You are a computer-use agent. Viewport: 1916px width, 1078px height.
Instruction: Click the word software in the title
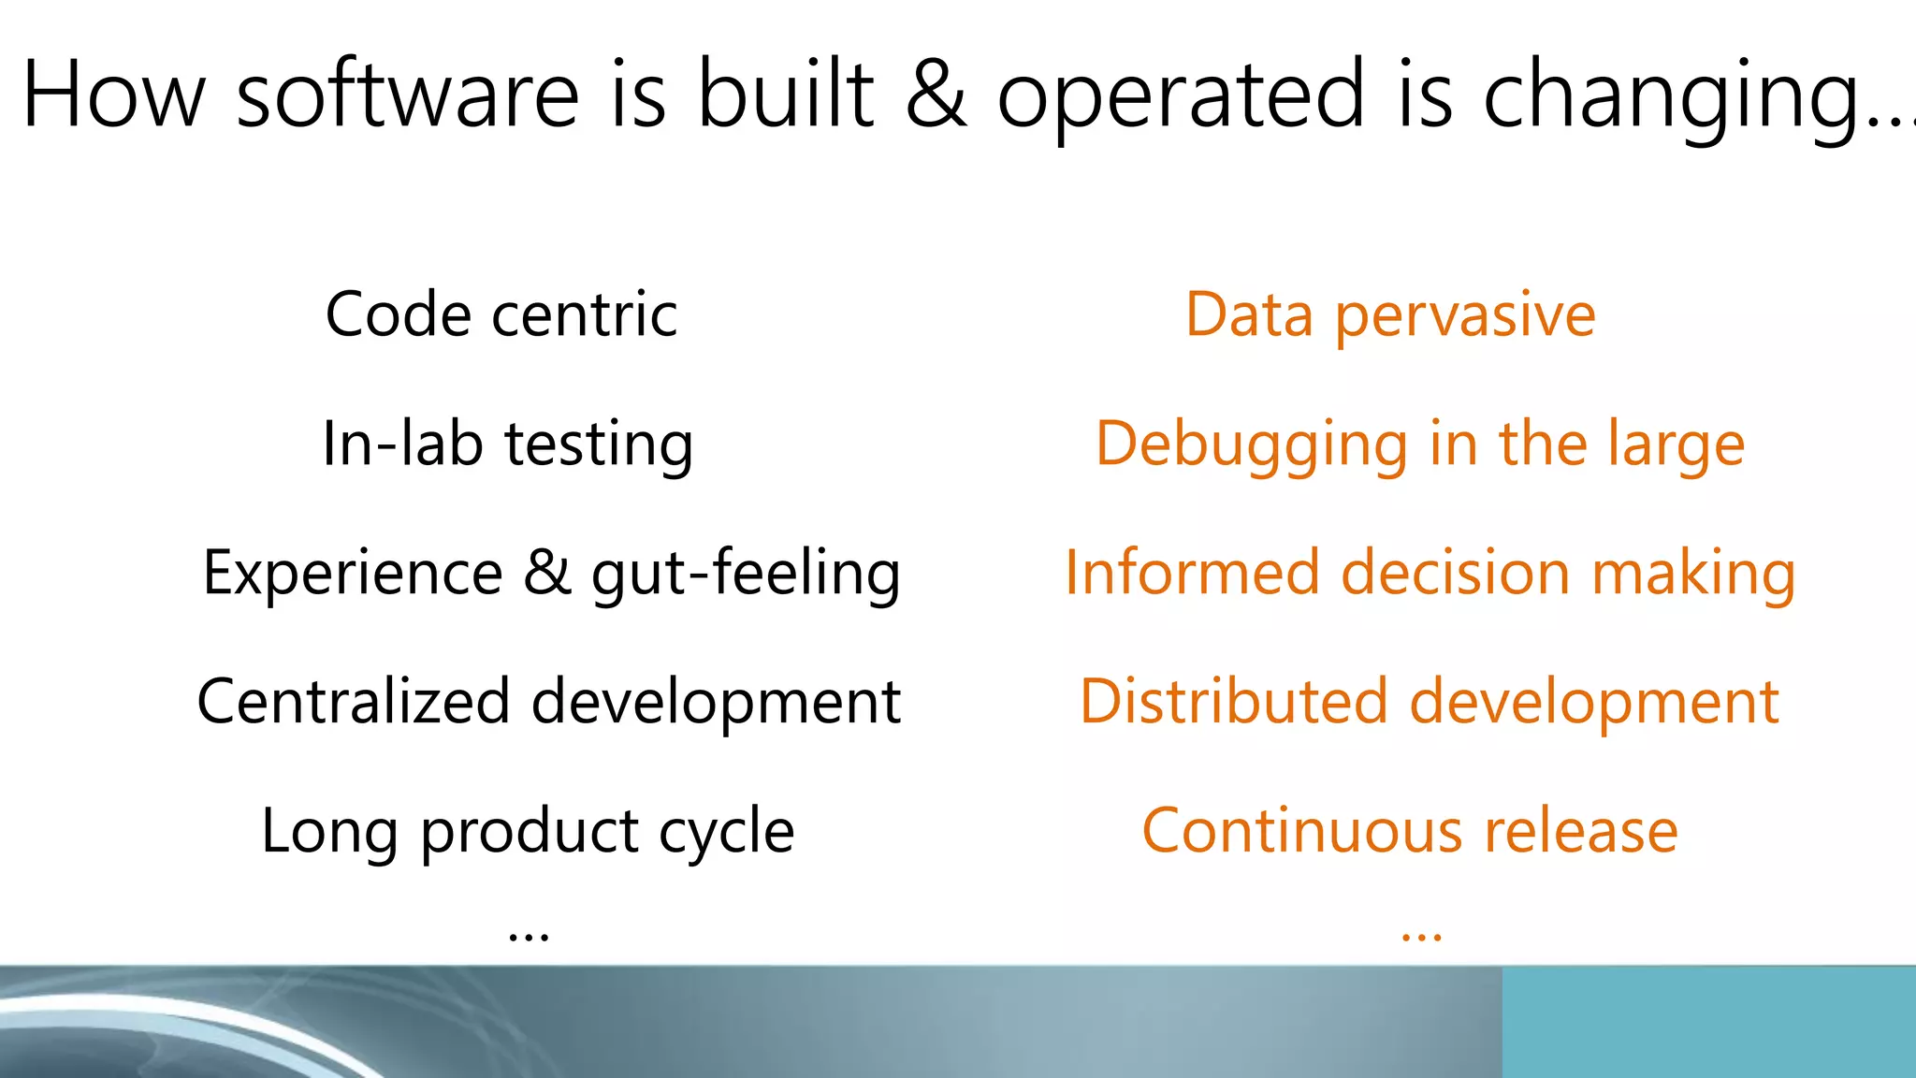(408, 95)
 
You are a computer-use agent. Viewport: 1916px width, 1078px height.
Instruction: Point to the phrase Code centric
(501, 314)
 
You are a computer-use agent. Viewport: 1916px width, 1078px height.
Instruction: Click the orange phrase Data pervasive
(1390, 316)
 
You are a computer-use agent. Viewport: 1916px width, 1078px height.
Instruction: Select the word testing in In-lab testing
(599, 444)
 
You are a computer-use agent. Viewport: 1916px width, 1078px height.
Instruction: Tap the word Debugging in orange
(1252, 445)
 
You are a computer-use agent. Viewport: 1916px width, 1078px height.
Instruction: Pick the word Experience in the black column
(353, 573)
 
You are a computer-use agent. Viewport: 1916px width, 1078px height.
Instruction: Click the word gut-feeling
(746, 574)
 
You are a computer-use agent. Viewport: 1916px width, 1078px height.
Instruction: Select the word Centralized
(354, 702)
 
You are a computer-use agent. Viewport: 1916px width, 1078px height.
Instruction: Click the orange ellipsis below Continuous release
(1421, 934)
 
